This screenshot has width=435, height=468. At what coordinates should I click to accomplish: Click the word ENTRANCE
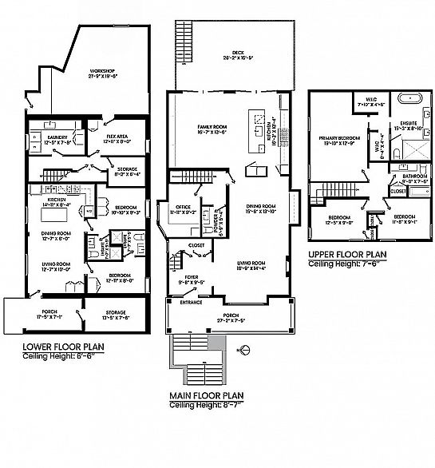click(x=191, y=303)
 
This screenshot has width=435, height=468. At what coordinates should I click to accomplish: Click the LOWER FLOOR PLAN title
click(x=63, y=346)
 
